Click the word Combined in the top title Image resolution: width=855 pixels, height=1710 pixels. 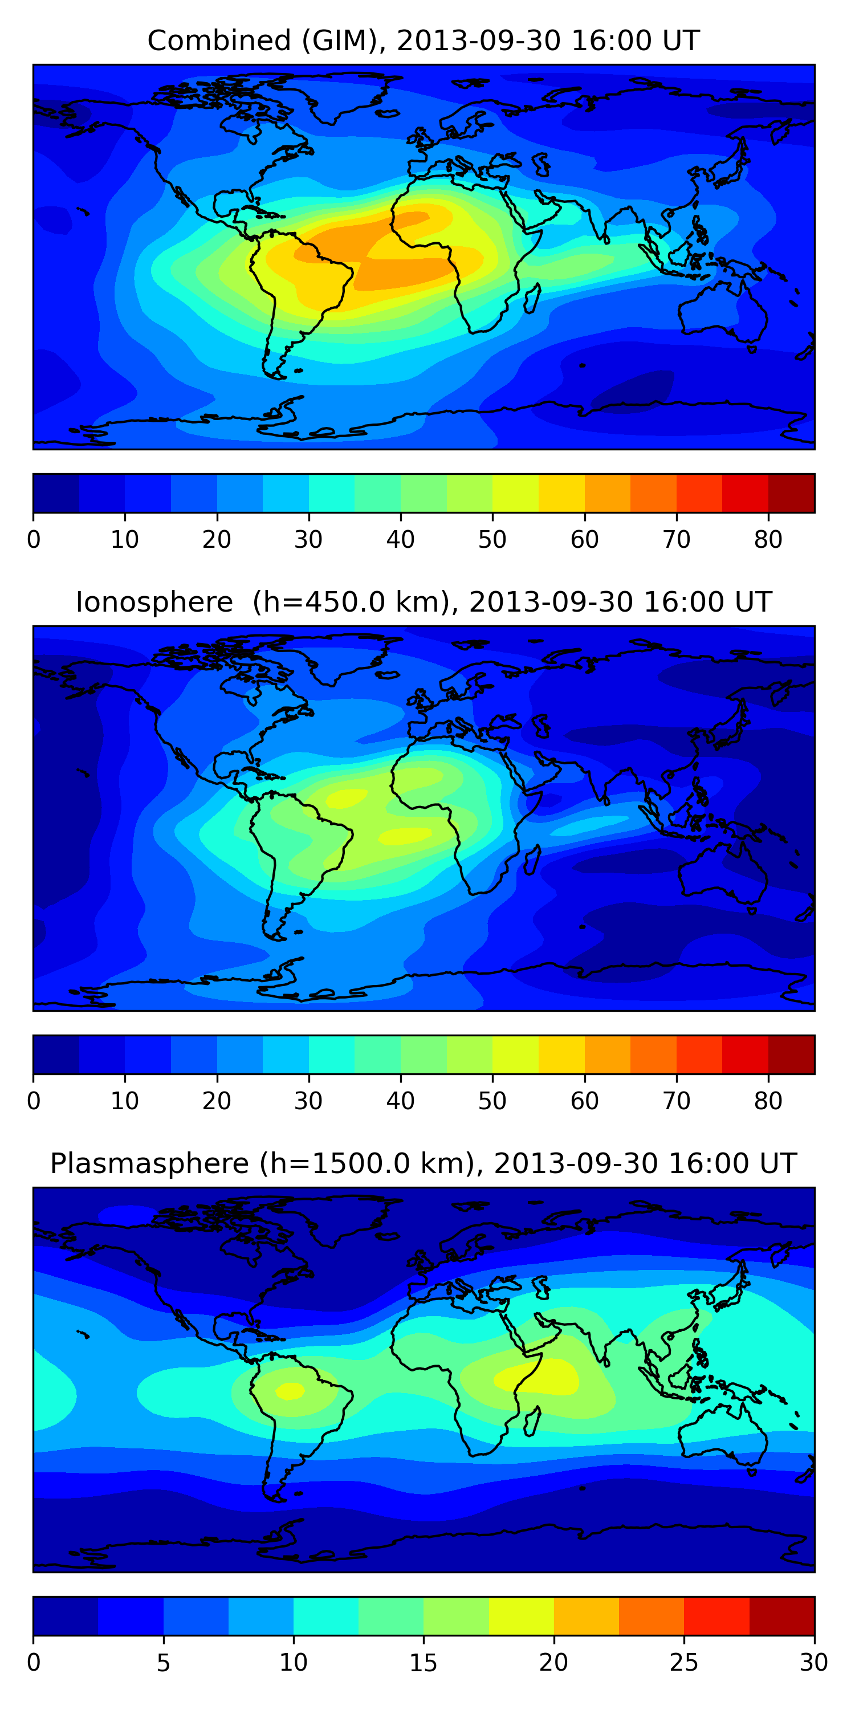pyautogui.click(x=219, y=41)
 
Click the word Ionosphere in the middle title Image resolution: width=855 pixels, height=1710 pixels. pyautogui.click(x=154, y=602)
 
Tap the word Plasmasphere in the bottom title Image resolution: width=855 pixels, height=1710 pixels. pyautogui.click(x=149, y=1164)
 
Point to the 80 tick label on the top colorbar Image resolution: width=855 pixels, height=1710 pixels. pyautogui.click(x=768, y=540)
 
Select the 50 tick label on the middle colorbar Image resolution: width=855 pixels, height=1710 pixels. pyautogui.click(x=492, y=1101)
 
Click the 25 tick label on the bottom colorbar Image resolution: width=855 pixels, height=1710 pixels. pyautogui.click(x=684, y=1663)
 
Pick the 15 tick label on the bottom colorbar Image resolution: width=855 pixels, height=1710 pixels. pyautogui.click(x=424, y=1663)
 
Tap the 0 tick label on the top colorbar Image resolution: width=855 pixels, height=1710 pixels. pyautogui.click(x=34, y=540)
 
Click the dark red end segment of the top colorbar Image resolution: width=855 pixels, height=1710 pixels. pyautogui.click(x=791, y=493)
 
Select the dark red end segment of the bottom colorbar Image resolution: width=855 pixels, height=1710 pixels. pyautogui.click(x=781, y=1616)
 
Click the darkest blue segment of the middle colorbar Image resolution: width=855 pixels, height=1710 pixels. pyautogui.click(x=56, y=1055)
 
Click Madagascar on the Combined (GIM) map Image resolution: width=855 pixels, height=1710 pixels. pyautogui.click(x=532, y=298)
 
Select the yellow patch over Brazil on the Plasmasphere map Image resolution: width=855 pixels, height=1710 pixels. pyautogui.click(x=290, y=1391)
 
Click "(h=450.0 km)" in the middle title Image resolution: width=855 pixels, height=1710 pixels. pyautogui.click(x=345, y=602)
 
